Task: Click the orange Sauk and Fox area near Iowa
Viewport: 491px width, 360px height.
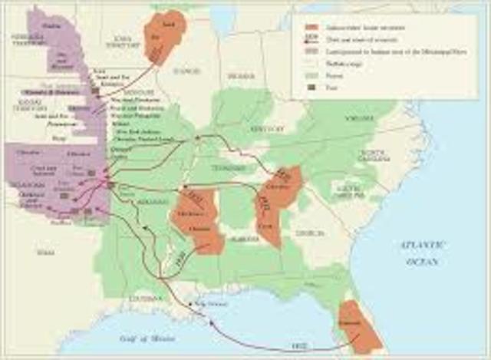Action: (x=165, y=35)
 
